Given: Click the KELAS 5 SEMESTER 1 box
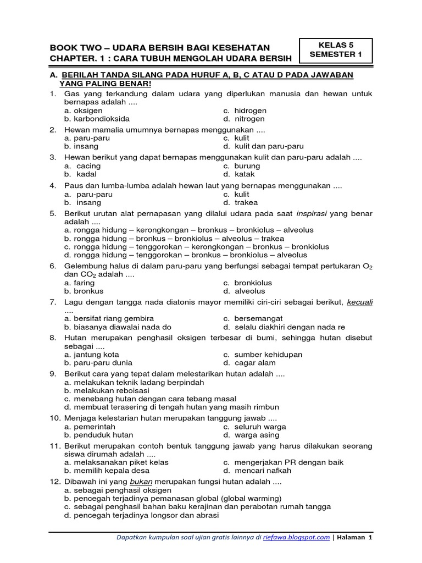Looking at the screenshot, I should pos(336,50).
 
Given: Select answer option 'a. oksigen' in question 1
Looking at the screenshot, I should pos(83,111).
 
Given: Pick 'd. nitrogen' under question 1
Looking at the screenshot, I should pos(244,119).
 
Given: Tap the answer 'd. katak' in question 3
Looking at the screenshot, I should pos(239,174).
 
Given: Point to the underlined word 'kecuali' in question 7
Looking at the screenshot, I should pos(360,302).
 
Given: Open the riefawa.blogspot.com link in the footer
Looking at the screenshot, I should pos(304,538).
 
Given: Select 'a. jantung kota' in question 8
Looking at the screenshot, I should pos(91,355).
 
